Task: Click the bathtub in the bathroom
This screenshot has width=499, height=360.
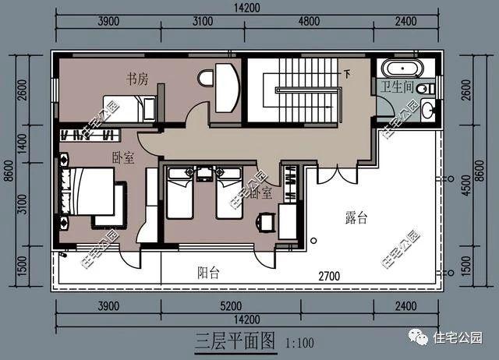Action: coord(402,68)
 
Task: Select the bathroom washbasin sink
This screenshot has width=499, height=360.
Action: coord(428,109)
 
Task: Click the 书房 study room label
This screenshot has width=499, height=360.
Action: coord(137,79)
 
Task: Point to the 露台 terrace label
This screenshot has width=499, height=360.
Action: coord(356,218)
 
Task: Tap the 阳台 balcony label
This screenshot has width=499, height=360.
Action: coord(208,273)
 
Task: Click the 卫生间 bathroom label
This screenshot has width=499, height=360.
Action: coord(397,86)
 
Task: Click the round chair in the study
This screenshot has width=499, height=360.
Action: coord(206,78)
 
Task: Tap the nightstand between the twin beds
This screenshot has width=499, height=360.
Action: coord(204,174)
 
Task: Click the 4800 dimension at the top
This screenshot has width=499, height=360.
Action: coord(309,21)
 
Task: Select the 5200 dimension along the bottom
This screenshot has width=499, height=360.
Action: coord(231,306)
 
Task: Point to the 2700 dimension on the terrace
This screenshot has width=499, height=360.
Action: coord(329,276)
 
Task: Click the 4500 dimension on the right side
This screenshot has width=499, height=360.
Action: coord(465,185)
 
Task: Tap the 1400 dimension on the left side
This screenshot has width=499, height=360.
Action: coord(23,143)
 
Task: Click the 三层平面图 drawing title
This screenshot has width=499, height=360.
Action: coord(235,341)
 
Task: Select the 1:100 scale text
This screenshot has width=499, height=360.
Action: coord(299,343)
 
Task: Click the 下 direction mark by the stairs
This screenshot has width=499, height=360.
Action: coord(347,75)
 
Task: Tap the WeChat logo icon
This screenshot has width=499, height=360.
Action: coord(418,337)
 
